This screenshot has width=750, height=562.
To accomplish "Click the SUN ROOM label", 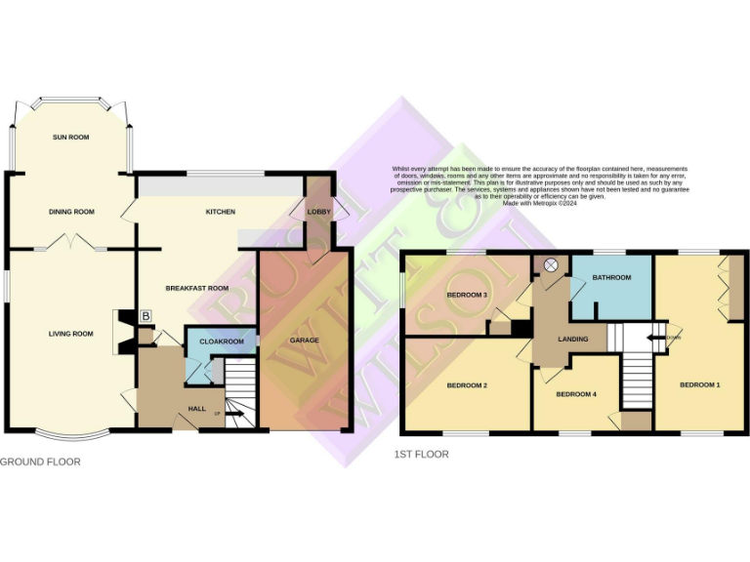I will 70,138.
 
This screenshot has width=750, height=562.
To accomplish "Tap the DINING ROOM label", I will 71,212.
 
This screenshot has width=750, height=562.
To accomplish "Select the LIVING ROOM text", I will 71,334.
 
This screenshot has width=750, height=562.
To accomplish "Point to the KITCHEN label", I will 220,212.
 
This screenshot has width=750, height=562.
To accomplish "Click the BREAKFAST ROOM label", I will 196,288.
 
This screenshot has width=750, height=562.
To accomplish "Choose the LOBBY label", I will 319,212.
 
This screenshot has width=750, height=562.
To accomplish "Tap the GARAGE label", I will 304,341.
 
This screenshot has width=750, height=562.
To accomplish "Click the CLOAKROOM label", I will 221,342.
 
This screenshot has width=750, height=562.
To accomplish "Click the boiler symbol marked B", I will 146,316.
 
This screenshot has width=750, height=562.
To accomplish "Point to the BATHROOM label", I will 611,278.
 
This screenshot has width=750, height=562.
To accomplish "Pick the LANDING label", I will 572,340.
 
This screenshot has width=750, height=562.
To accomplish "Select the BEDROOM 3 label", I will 467,295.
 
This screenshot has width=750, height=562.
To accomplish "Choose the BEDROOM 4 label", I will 575,394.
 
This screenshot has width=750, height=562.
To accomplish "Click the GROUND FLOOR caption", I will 40,462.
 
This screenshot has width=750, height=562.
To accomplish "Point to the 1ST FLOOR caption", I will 422,454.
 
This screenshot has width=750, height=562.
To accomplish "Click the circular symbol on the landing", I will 550,264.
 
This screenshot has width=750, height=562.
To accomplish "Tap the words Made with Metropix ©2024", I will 540,203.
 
